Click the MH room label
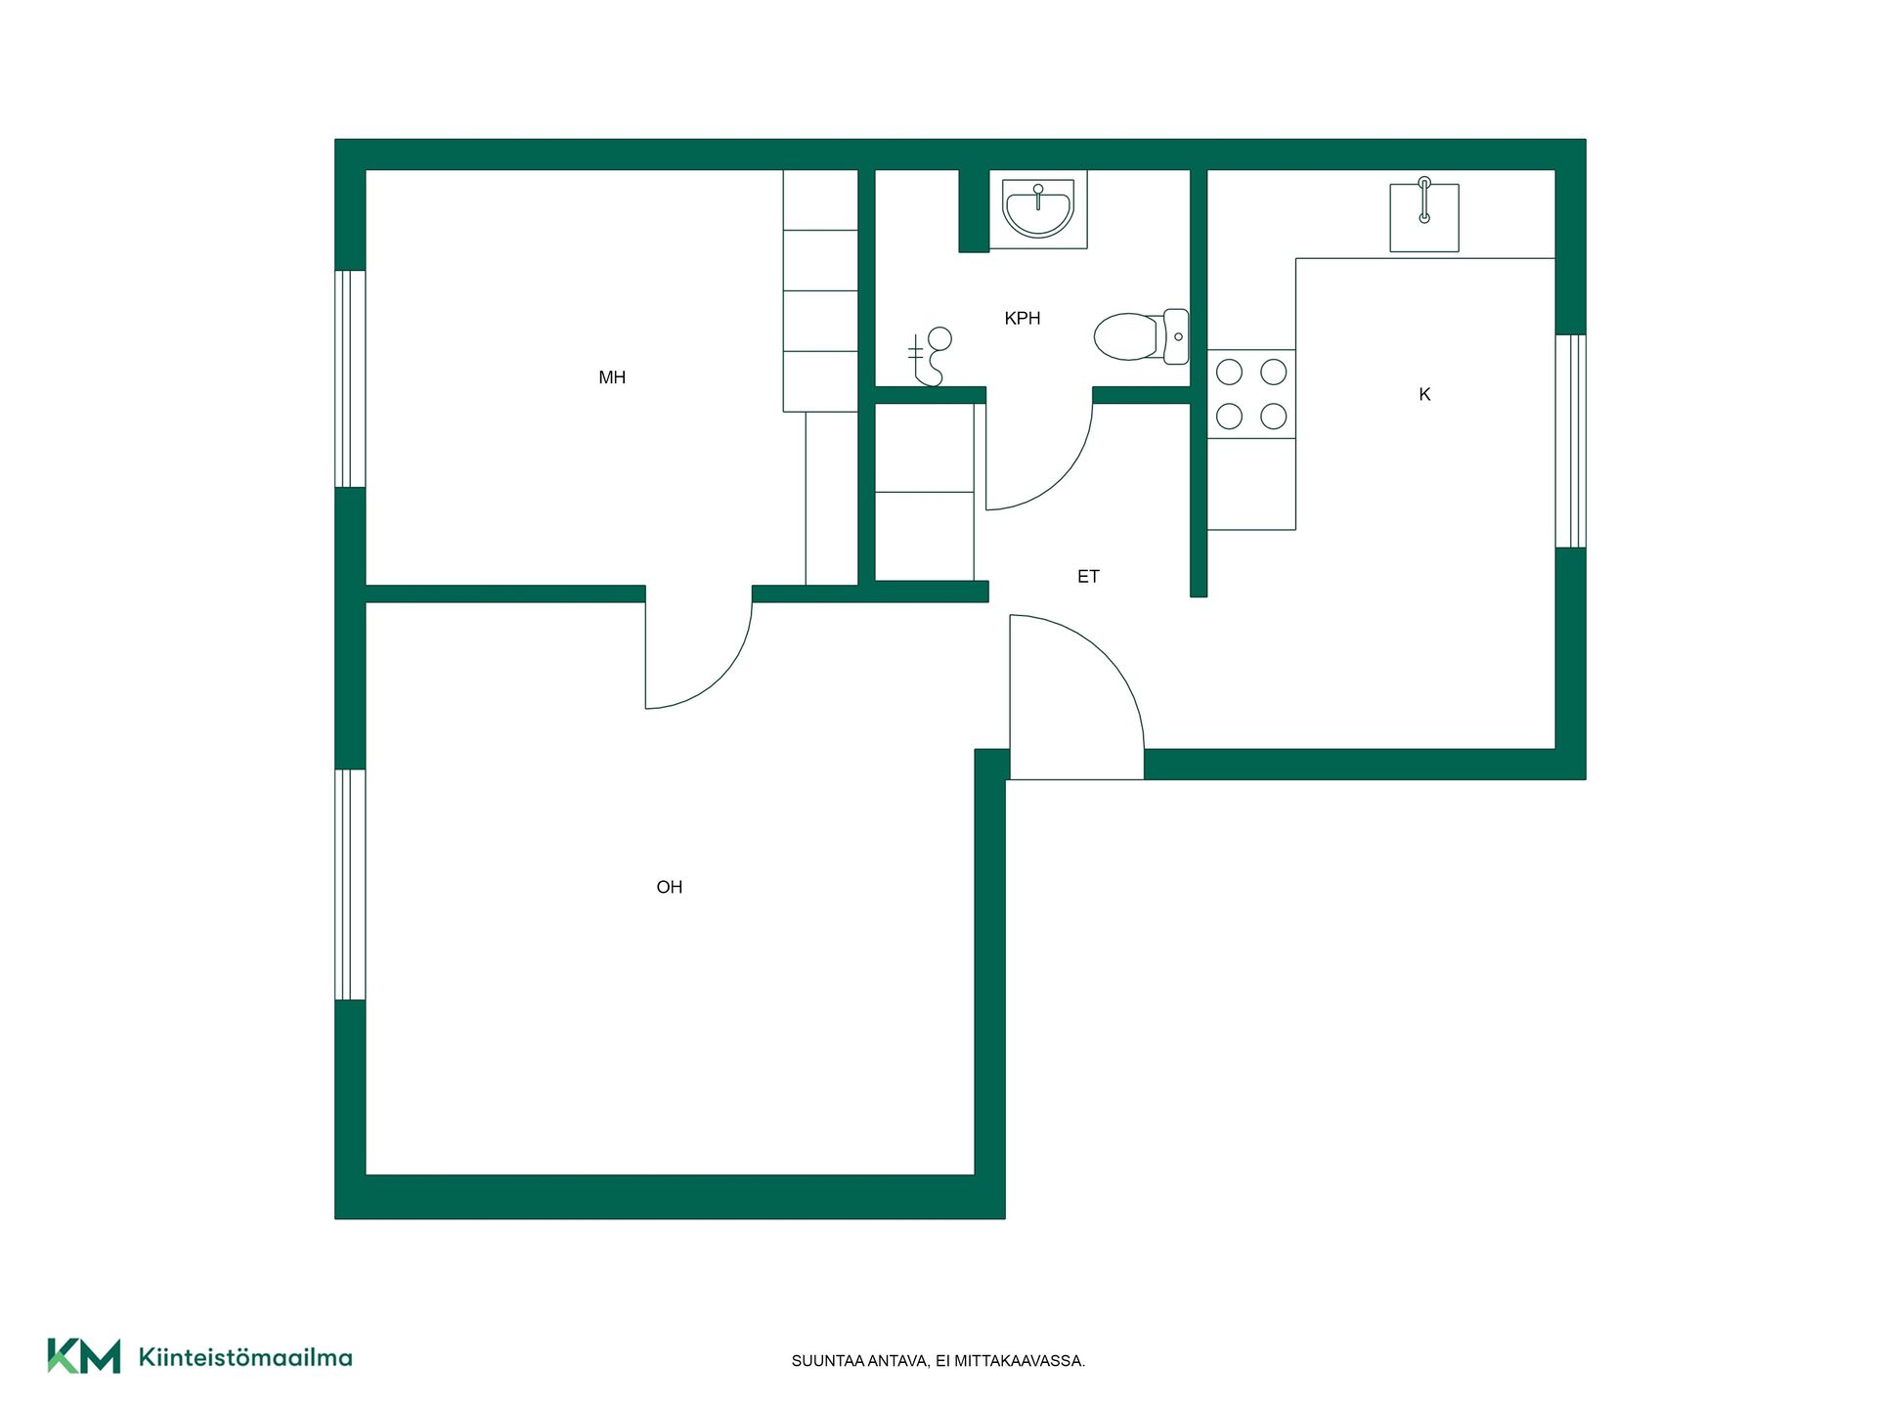[x=612, y=377]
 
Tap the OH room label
[x=670, y=887]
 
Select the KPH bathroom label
[x=1023, y=318]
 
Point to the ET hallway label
[x=1088, y=577]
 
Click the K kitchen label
[x=1424, y=394]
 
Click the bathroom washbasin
[x=1038, y=209]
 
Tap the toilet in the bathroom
[x=1142, y=336]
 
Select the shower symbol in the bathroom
[x=929, y=356]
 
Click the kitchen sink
[x=1424, y=215]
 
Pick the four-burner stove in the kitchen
[x=1251, y=394]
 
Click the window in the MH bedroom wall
[x=350, y=379]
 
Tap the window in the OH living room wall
[x=350, y=885]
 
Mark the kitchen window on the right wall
[x=1570, y=441]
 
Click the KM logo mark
[x=84, y=1356]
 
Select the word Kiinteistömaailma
[x=245, y=1357]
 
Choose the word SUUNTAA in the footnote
[x=827, y=1361]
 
